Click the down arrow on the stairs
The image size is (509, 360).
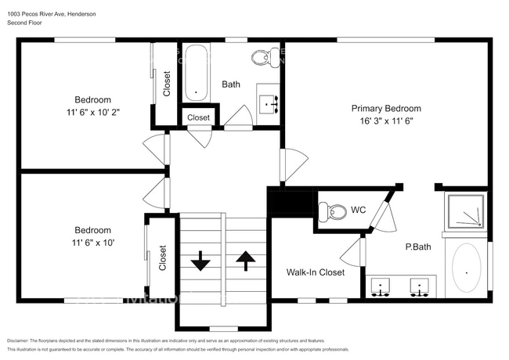coord(200,261)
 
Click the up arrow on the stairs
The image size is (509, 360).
coord(245,261)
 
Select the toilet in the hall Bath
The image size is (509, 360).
coord(262,57)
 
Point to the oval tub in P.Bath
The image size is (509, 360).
coord(467,270)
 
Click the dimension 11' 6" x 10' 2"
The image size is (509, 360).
coord(92,112)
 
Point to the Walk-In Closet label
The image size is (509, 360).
coord(316,272)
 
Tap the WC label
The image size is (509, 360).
coord(359,210)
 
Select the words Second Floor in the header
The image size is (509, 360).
coord(25,23)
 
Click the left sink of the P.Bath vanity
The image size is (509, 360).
coord(381,287)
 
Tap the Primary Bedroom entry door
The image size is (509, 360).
coord(294,164)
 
